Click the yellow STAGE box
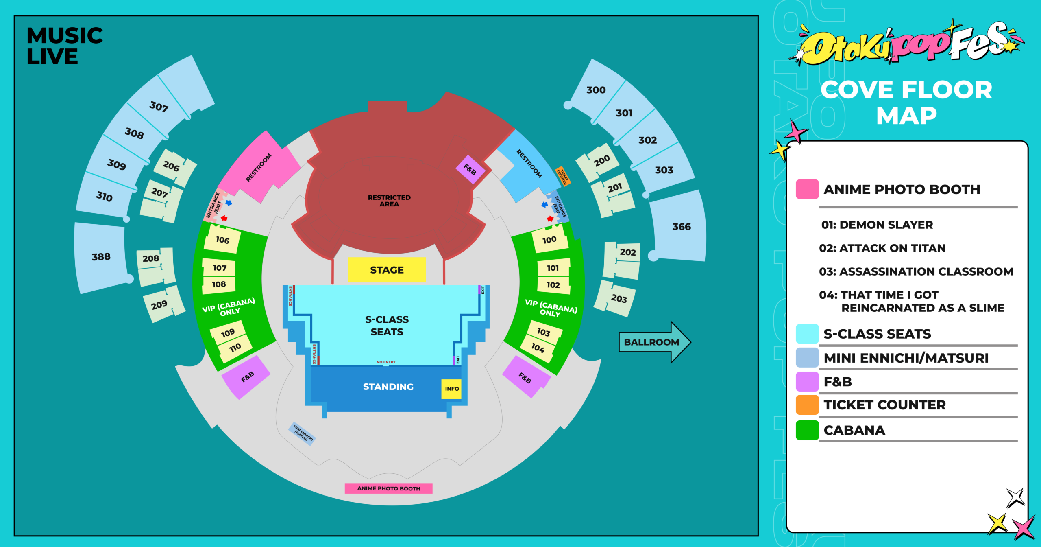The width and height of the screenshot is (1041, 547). click(387, 269)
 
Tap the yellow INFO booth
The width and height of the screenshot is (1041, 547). click(451, 389)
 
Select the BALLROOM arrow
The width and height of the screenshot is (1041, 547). click(655, 342)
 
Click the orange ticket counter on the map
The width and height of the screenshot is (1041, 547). click(563, 176)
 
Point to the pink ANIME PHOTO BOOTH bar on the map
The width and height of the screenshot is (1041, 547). click(388, 488)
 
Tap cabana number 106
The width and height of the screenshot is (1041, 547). click(222, 240)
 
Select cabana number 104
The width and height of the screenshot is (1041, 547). click(538, 348)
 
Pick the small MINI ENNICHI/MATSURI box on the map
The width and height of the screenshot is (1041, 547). click(303, 433)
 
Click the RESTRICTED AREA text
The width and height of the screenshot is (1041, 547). click(389, 201)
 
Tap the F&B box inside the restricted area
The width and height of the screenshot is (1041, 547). click(470, 169)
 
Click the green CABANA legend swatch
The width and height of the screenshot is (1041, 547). click(807, 430)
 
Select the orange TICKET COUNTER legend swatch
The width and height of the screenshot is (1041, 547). click(807, 405)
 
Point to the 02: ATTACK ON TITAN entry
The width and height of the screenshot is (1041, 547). click(882, 248)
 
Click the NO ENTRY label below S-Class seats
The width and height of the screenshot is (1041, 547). click(386, 362)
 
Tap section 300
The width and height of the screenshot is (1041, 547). click(596, 90)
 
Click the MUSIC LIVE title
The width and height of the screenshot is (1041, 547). click(65, 46)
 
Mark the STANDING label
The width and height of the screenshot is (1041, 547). click(388, 387)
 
